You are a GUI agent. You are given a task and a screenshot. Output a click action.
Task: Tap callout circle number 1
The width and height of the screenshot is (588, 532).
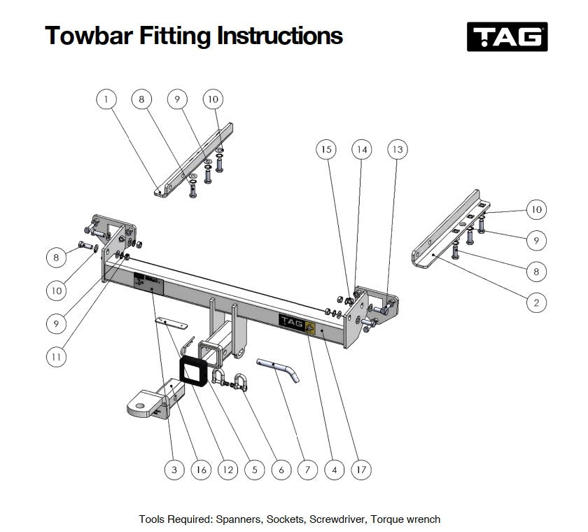click(x=106, y=99)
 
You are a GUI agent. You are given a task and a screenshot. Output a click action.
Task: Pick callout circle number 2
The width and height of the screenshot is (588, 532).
click(x=536, y=302)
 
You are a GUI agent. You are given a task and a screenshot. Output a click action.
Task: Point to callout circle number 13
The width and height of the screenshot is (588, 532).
click(x=397, y=149)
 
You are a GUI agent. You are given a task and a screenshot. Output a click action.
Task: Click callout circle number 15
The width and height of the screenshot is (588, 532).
click(x=325, y=149)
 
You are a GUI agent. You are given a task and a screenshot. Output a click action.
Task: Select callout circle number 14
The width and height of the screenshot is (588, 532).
click(x=361, y=149)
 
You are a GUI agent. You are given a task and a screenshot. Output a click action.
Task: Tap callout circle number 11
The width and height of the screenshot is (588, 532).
click(x=57, y=356)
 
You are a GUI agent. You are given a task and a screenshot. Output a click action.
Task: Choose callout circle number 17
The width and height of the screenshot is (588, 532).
click(x=362, y=470)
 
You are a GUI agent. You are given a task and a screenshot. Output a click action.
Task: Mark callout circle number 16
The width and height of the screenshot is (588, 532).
click(x=201, y=470)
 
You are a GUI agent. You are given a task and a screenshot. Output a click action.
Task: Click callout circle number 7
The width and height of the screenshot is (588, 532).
click(x=307, y=470)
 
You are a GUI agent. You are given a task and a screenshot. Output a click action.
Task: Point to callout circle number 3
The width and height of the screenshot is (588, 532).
click(x=174, y=470)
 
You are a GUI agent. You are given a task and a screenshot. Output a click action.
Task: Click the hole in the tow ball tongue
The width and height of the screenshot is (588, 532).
click(x=139, y=401)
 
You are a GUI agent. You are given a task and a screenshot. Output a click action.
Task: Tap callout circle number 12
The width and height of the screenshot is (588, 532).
click(x=227, y=470)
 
